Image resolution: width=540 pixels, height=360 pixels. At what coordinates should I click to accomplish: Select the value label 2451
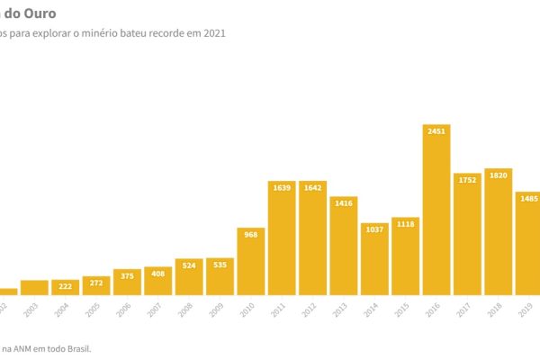(436, 131)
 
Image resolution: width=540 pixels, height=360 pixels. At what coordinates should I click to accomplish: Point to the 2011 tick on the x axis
(280, 308)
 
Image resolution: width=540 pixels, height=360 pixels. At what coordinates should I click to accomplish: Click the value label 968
(250, 235)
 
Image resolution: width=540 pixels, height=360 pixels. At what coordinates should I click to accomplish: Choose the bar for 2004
(65, 287)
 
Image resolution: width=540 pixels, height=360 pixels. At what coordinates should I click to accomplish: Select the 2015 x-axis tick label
(404, 308)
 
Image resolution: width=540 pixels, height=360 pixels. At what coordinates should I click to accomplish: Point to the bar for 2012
(312, 238)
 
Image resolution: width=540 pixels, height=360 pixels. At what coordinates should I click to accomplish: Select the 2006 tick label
(125, 308)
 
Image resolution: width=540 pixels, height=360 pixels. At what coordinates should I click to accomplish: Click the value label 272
(95, 283)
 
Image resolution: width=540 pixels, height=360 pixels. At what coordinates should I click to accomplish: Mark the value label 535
(220, 265)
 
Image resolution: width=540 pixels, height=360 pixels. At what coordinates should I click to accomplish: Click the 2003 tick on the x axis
(32, 308)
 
